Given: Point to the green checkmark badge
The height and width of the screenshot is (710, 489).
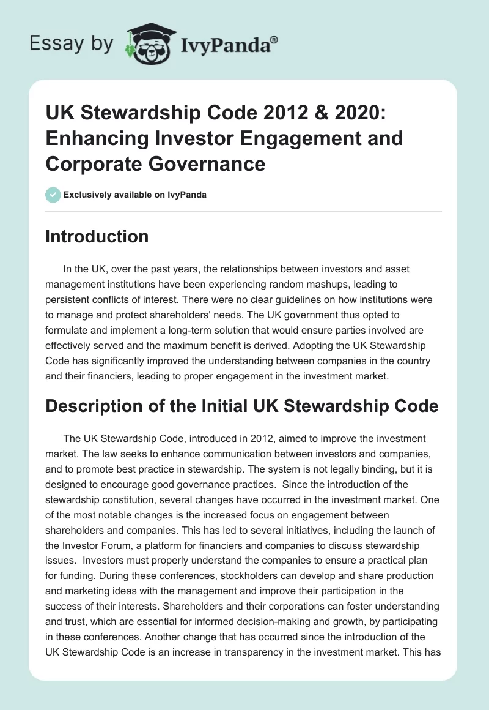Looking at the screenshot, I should pos(53,195).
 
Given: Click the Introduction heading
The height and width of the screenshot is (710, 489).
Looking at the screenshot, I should pos(97,236).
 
